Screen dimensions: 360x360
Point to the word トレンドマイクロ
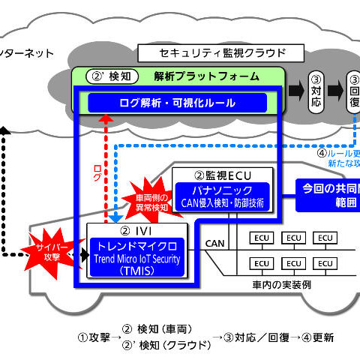click(134, 245)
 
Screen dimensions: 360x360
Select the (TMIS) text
click(134, 271)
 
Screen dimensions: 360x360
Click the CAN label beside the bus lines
click(214, 243)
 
